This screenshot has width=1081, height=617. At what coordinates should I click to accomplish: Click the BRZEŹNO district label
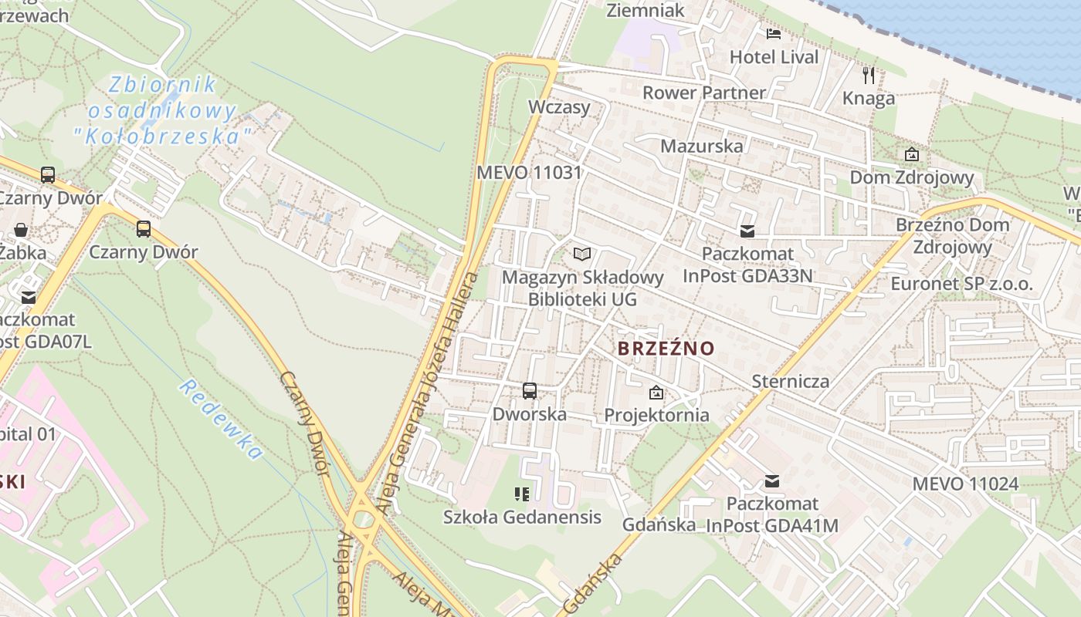[x=666, y=349]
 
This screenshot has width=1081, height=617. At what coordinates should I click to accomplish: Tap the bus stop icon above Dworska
[x=530, y=391]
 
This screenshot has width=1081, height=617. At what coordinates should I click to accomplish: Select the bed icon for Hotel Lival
[x=774, y=33]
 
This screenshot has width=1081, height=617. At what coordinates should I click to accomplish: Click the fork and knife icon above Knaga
[x=869, y=76]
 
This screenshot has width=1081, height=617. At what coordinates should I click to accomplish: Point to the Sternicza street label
[x=791, y=381]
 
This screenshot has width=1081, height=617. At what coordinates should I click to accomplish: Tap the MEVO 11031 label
[x=528, y=172]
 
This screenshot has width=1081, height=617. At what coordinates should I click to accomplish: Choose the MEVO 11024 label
[x=965, y=484]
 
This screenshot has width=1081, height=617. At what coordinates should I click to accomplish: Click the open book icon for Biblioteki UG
[x=582, y=254]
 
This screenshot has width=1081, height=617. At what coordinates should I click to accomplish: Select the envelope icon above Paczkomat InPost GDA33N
[x=747, y=231]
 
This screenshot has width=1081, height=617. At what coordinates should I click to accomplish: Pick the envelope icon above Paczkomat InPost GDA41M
[x=771, y=482]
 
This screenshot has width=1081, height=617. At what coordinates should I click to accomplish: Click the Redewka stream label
[x=220, y=419]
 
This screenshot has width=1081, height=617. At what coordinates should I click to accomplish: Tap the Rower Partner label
[x=703, y=93]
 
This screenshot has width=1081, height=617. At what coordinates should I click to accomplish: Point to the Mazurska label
[x=702, y=146]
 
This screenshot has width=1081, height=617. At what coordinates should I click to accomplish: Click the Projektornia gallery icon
[x=656, y=393]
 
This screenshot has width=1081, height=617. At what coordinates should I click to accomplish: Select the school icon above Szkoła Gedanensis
[x=522, y=494]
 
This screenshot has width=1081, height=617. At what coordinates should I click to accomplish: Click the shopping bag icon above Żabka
[x=21, y=230]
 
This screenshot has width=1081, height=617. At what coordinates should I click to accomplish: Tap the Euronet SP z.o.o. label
[x=961, y=284]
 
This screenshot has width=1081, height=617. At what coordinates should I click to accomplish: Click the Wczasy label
[x=559, y=106]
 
